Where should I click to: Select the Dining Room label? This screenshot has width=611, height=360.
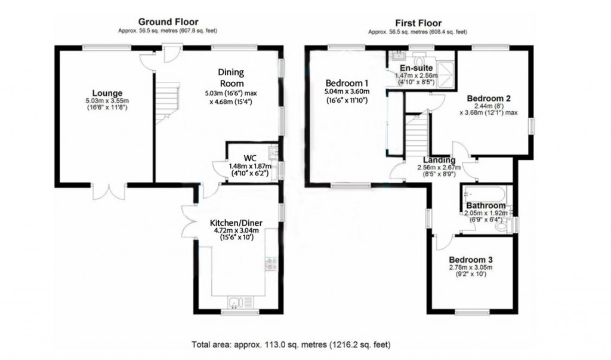click(x=230, y=78)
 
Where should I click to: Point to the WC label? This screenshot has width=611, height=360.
click(x=249, y=158)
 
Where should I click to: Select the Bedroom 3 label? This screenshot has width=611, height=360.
click(x=471, y=260)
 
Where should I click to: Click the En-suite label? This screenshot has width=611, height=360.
click(x=416, y=68)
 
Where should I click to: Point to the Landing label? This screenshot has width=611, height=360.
click(x=439, y=160)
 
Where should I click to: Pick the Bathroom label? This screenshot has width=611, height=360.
click(x=486, y=205)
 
